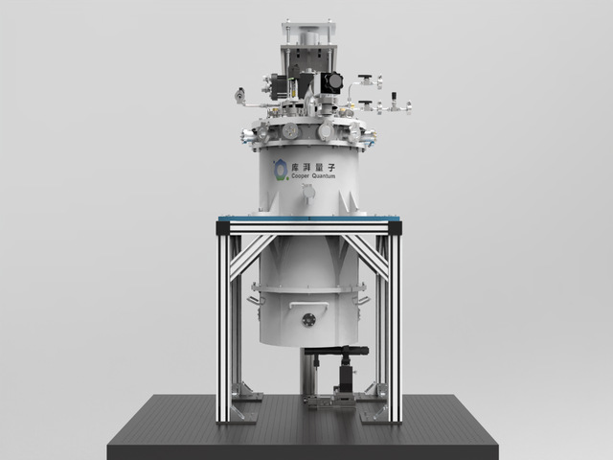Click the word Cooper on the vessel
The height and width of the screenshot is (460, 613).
click(301, 176)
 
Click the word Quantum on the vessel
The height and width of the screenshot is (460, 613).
click(324, 176)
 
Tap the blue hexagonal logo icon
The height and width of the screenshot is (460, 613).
click(281, 170)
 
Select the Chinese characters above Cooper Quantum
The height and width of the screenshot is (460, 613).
click(313, 168)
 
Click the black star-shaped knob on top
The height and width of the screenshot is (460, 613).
click(335, 81)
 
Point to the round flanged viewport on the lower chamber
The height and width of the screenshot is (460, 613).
click(308, 320)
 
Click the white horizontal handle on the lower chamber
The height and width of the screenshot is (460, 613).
click(308, 304)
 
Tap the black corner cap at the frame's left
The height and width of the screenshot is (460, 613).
click(223, 228)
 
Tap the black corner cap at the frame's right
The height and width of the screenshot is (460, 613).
click(395, 228)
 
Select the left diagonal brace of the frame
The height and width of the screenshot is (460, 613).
click(252, 258)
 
